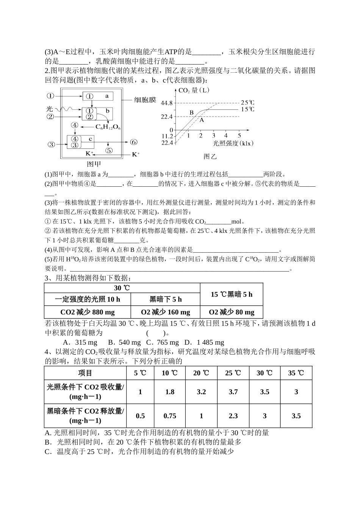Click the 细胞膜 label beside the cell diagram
[x=145, y=100]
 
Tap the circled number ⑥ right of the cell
[x=133, y=142]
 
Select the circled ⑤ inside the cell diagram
[x=109, y=150]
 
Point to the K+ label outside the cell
[x=135, y=155]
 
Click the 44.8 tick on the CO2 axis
[x=166, y=103]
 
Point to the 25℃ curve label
[x=247, y=103]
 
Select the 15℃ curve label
[x=247, y=109]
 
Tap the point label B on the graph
[x=191, y=112]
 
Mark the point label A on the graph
[x=202, y=120]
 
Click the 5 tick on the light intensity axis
[x=239, y=135]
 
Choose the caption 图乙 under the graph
[x=210, y=156]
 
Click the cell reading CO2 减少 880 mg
[x=88, y=312]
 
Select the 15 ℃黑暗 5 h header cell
[x=231, y=294]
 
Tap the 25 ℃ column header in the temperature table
[x=233, y=373]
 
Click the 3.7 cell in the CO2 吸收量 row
[x=233, y=392]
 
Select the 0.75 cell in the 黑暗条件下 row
[x=170, y=416]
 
